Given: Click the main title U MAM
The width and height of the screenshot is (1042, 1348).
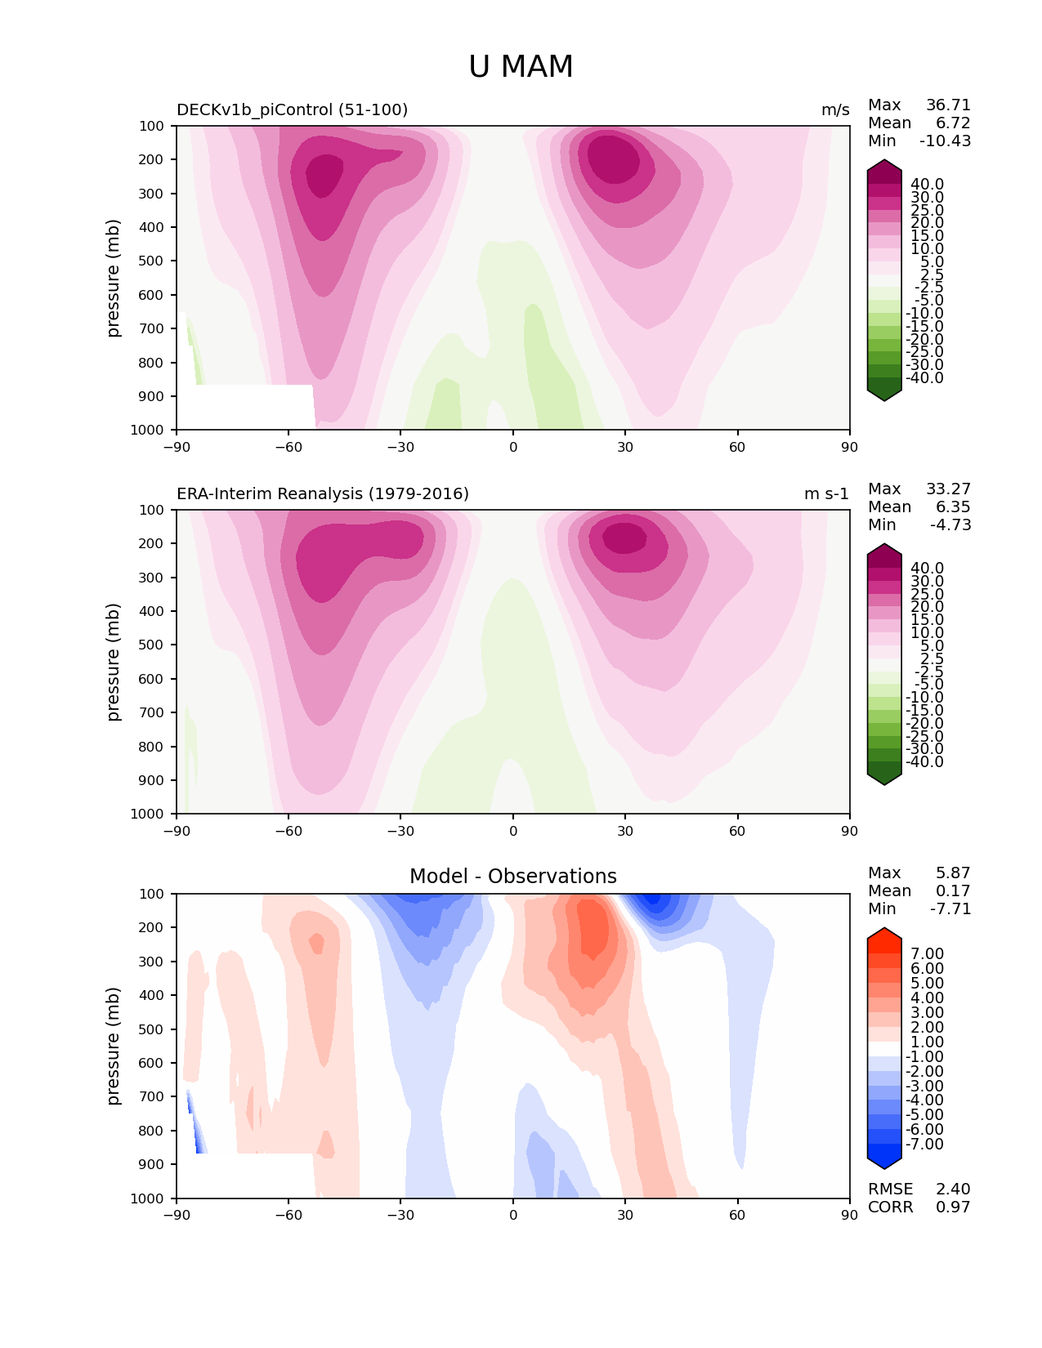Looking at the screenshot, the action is (x=521, y=66).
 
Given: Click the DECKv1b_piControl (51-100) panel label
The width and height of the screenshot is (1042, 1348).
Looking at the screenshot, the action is (x=293, y=109).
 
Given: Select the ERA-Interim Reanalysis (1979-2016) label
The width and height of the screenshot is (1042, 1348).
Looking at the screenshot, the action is (x=323, y=493).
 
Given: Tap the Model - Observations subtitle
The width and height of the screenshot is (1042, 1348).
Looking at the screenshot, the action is (x=513, y=876).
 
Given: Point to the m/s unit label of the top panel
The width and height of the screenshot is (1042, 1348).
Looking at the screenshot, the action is (x=835, y=110).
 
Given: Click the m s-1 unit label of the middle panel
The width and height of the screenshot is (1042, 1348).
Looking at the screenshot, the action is (x=826, y=493).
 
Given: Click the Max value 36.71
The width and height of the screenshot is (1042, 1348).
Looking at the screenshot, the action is (x=948, y=105).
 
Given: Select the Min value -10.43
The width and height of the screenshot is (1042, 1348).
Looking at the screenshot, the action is (x=946, y=141).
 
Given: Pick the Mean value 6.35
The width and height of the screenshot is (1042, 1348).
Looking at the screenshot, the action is (x=953, y=507).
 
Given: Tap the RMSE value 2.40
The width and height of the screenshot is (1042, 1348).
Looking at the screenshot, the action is (x=953, y=1189).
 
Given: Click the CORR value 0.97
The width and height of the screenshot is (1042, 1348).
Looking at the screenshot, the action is (x=953, y=1207).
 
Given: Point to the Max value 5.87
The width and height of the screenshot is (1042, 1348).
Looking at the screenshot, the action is (x=953, y=873).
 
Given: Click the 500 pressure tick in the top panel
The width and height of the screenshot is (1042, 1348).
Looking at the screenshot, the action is (x=151, y=261).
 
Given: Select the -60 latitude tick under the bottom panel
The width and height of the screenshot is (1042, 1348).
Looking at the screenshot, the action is (x=288, y=1215).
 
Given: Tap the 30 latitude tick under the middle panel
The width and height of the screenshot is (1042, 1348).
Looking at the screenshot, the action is (x=625, y=831).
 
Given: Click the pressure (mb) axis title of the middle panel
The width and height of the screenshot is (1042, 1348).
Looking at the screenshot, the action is (x=112, y=661).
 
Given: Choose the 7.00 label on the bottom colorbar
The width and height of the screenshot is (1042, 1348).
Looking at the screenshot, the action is (x=928, y=953).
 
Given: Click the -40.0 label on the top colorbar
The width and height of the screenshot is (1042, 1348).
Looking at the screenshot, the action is (x=924, y=377).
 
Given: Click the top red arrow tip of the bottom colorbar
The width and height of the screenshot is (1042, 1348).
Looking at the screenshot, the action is (x=884, y=928).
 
